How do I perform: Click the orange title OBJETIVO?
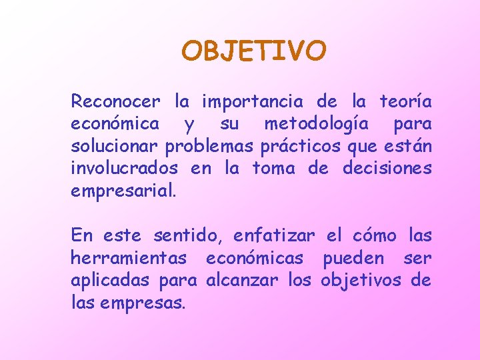coord(254,51)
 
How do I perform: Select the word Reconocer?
coord(115,102)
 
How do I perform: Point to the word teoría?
coord(405,102)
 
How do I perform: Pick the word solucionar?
coord(114,146)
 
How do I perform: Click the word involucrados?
coord(125,168)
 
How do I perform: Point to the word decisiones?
coord(387,168)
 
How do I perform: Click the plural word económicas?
coord(255,258)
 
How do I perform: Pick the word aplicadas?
coord(111,280)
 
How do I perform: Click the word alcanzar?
coord(243,280)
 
